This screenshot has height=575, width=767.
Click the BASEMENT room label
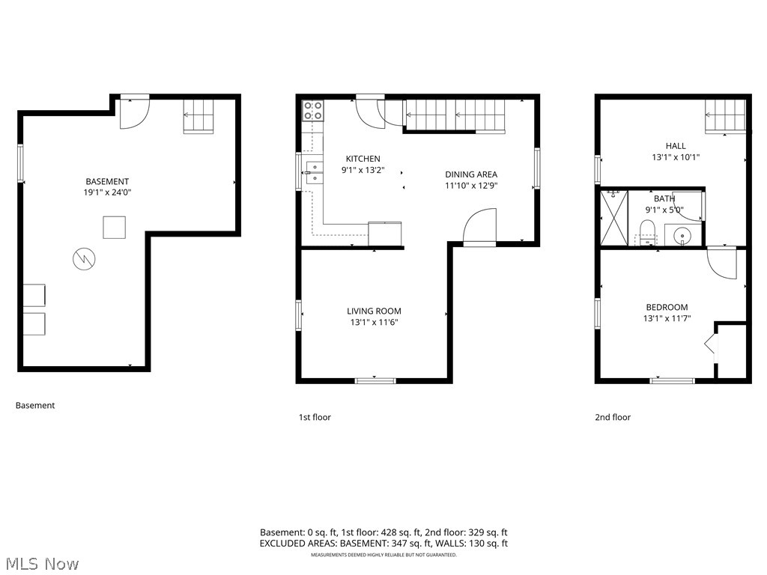107,181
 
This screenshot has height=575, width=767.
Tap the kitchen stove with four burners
313,111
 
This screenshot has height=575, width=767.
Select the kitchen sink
313,172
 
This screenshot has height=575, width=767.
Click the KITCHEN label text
363,159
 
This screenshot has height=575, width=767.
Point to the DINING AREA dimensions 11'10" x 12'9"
471,185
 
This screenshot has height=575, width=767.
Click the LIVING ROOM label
374,311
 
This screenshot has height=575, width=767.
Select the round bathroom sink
683,237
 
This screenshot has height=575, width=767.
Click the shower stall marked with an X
612,218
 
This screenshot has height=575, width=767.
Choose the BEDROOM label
667,307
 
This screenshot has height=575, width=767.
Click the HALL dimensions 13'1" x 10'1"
675,157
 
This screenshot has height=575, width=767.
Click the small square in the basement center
114,227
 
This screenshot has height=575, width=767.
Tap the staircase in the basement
198,117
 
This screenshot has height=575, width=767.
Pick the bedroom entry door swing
722,264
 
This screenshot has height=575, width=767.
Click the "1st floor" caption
315,417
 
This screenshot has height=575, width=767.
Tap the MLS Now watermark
42,563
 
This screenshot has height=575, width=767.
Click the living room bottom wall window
375,381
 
